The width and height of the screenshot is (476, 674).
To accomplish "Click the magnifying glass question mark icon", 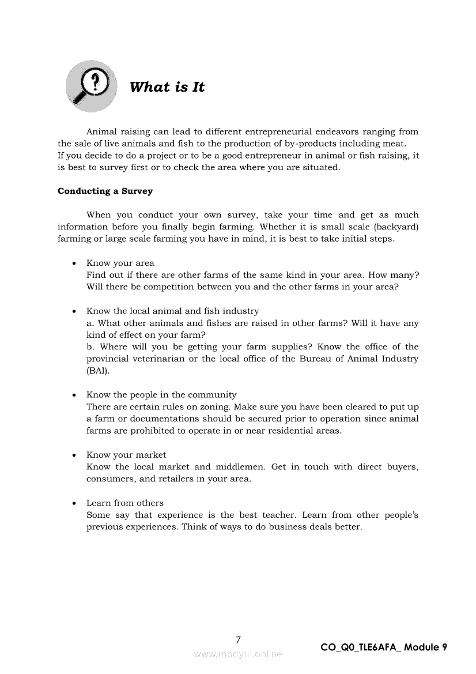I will coord(92,86).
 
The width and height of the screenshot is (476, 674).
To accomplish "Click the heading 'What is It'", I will coord(167,87).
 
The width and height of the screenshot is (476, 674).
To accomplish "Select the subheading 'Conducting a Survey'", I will coord(105,191).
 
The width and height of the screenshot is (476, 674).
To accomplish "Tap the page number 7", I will coord(238,639).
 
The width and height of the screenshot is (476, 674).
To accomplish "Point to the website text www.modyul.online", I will coord(238,654).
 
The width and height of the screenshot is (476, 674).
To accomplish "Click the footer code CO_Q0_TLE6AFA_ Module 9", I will coord(383,647).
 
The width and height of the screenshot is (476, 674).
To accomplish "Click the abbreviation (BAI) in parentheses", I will coord(98,371).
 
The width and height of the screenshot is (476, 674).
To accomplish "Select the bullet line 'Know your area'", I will coord(120,263).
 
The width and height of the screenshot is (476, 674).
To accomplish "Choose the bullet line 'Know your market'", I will coord(126,455).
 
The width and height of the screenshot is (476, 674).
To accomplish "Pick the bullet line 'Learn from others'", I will coord(125,503).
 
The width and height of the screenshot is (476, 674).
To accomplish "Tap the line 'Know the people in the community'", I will coord(161,395).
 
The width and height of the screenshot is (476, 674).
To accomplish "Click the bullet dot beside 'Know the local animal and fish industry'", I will coord(74,311).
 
